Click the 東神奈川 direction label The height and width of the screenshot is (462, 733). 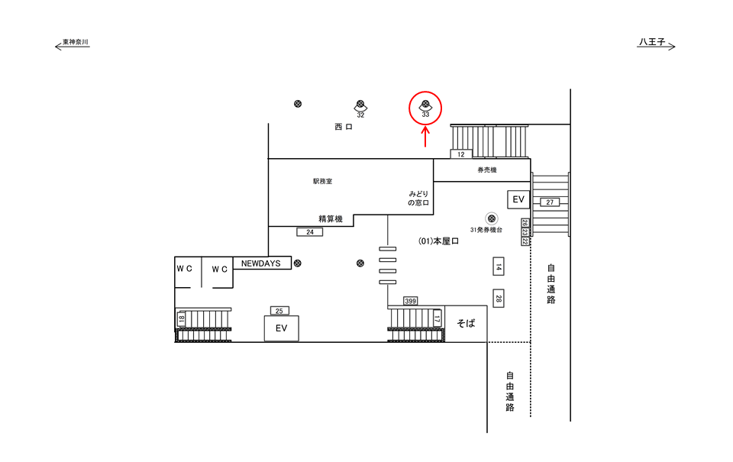(x=76, y=42)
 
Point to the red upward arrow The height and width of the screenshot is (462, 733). (x=426, y=136)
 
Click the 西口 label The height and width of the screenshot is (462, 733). (x=343, y=128)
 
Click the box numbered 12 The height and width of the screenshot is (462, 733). (x=460, y=154)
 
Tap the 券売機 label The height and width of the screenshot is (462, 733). (x=487, y=170)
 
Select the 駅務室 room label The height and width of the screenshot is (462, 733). (x=322, y=182)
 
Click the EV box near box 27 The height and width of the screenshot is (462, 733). (x=519, y=200)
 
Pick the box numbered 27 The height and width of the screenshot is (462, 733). (x=550, y=202)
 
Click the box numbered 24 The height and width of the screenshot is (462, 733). (x=309, y=231)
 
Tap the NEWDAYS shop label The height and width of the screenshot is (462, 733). (x=261, y=263)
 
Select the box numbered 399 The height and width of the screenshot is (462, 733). (x=411, y=301)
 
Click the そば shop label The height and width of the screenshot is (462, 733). (x=466, y=323)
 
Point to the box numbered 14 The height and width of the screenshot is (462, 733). (x=498, y=267)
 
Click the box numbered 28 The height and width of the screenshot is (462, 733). (x=498, y=298)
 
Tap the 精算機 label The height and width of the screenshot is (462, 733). (x=331, y=219)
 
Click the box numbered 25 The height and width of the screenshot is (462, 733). (x=279, y=310)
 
